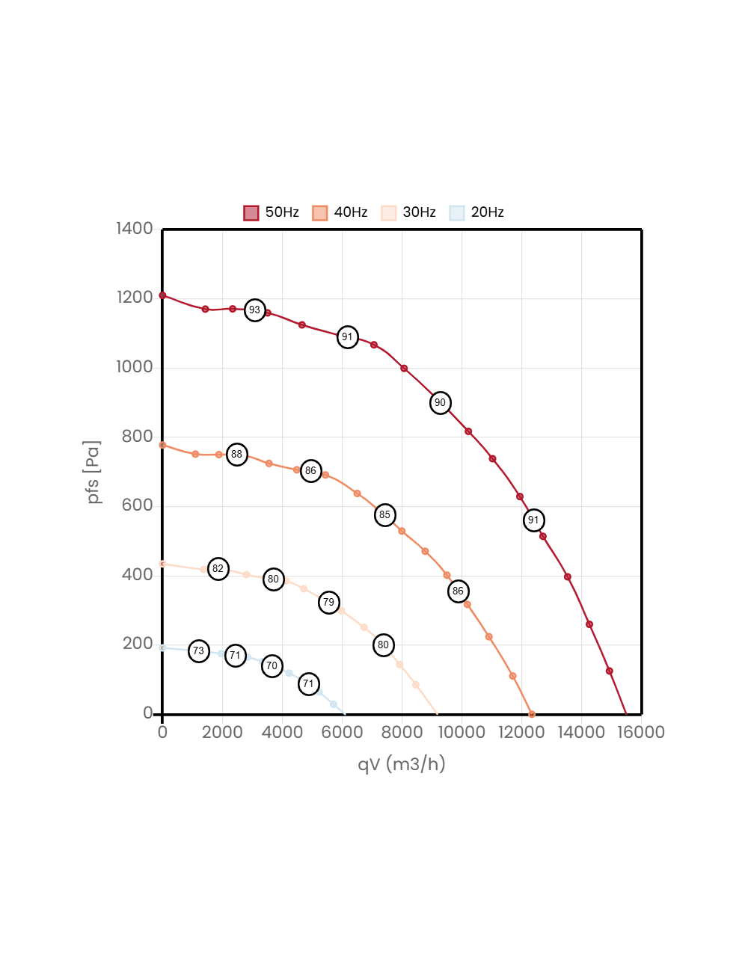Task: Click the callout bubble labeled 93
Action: (x=255, y=310)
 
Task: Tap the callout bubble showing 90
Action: (x=441, y=403)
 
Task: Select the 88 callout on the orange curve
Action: (x=237, y=455)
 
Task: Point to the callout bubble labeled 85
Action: (x=385, y=515)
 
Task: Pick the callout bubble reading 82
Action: (x=218, y=569)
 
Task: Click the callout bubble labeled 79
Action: (x=329, y=603)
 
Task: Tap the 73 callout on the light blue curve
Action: (x=199, y=651)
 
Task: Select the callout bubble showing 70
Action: (x=272, y=666)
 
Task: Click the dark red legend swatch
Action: (x=251, y=213)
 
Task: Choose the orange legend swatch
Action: (x=320, y=213)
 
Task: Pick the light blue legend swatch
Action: (x=457, y=213)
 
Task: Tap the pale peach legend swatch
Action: (x=389, y=213)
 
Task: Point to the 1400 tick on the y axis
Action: (x=135, y=228)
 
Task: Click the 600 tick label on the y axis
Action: (x=138, y=505)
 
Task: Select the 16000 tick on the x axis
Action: (x=641, y=732)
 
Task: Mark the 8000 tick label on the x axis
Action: (x=402, y=732)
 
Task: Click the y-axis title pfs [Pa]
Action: (x=93, y=472)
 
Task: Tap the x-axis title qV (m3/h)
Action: (x=402, y=764)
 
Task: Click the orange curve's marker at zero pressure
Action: (x=532, y=714)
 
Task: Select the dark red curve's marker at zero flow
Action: (x=162, y=295)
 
